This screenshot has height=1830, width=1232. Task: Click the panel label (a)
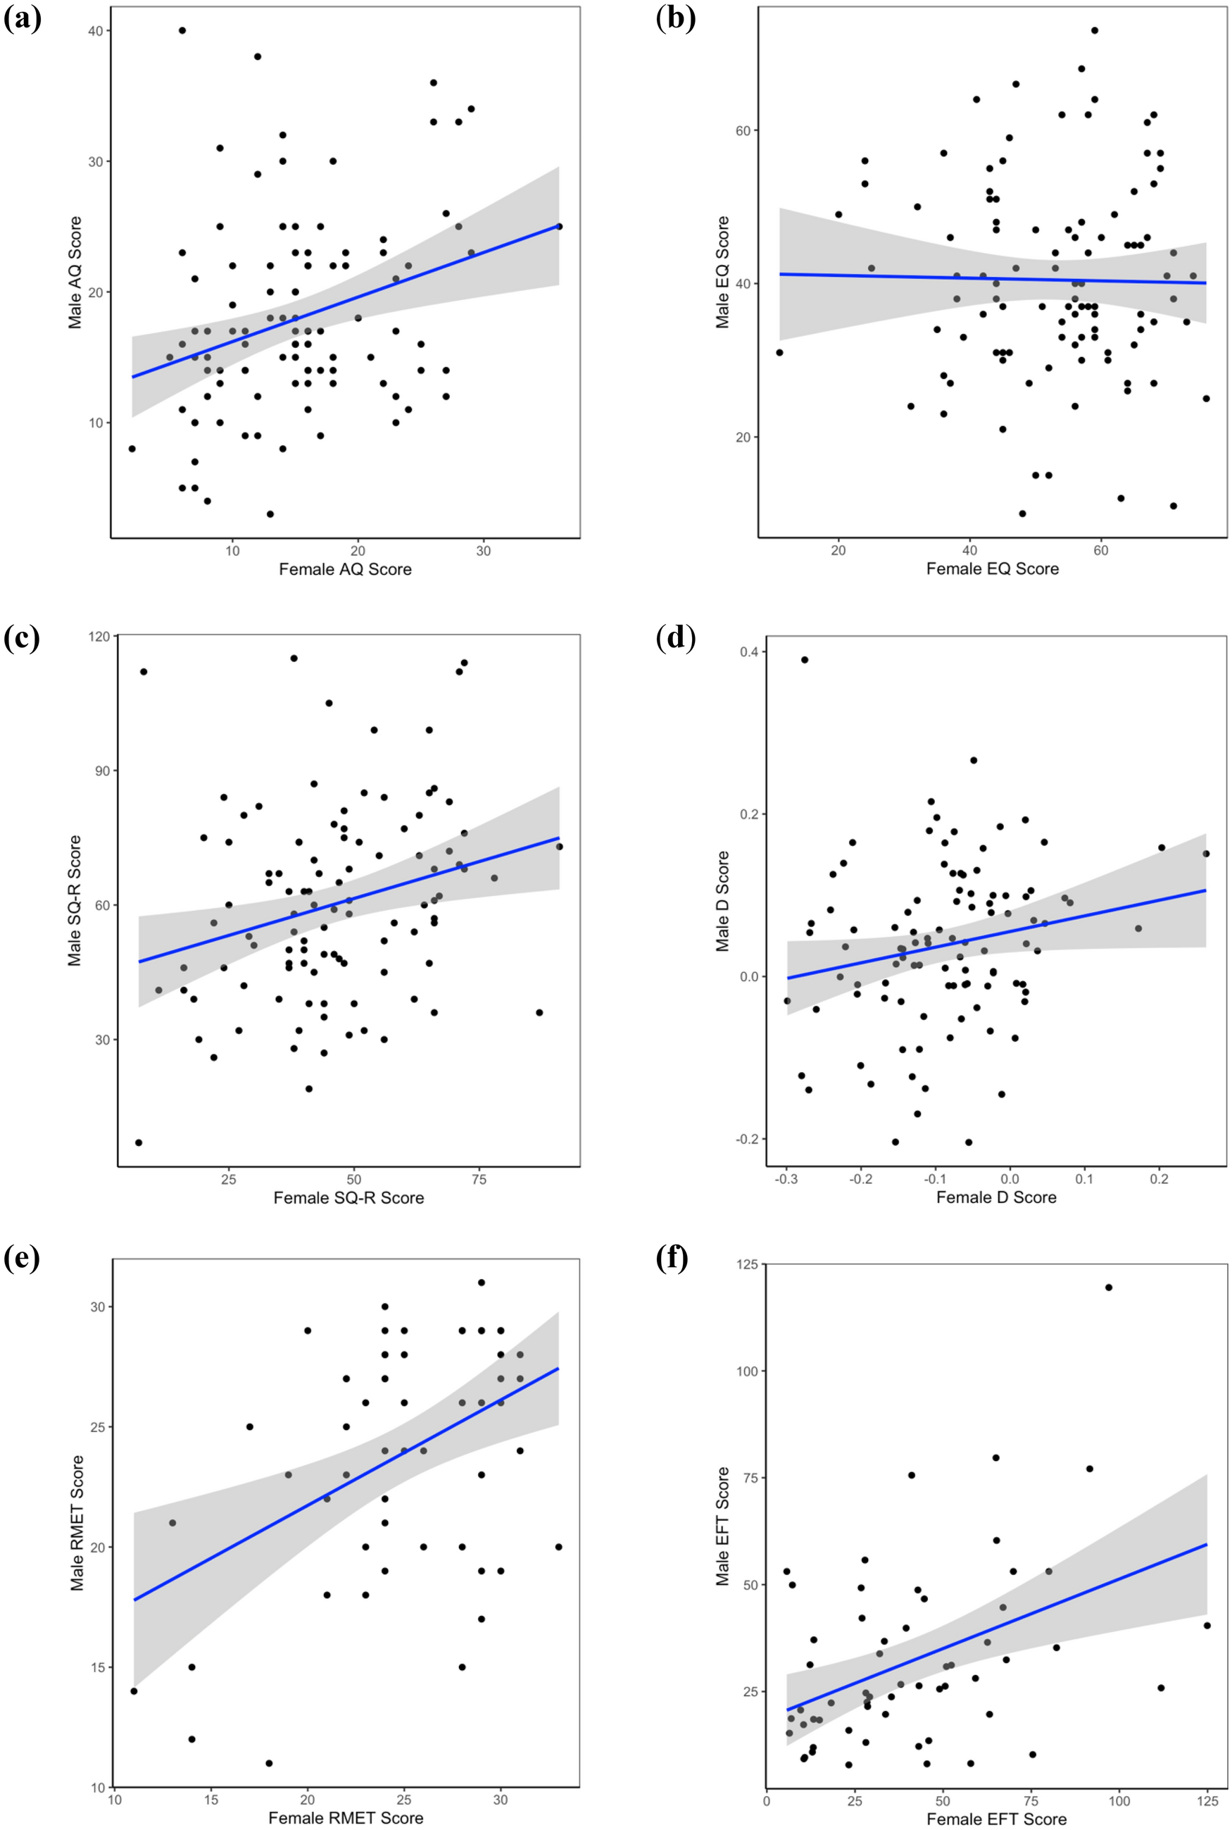tap(22, 19)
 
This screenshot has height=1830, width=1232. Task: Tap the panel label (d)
tap(676, 637)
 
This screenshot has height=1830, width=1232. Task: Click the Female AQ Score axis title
tap(345, 569)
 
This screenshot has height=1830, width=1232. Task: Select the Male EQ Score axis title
tap(722, 272)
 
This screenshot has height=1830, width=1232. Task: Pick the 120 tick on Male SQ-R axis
tap(101, 636)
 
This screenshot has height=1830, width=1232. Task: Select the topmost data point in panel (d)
tap(805, 659)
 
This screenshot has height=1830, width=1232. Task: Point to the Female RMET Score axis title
tap(346, 1818)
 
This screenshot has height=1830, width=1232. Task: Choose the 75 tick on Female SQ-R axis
tap(479, 1179)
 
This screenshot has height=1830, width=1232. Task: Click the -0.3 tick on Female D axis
tap(786, 1179)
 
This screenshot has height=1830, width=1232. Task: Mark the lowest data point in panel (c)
tap(138, 1143)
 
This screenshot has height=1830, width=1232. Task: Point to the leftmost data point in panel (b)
tap(779, 352)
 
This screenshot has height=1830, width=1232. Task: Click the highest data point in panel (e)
tap(482, 1282)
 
